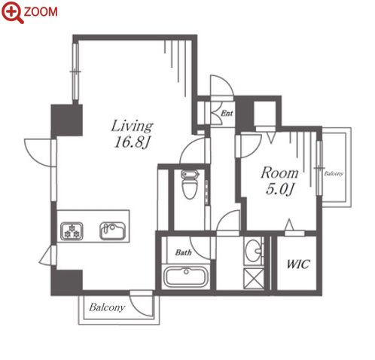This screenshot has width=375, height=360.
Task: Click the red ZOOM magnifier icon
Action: [13, 12]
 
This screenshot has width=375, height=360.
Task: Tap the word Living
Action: [132, 127]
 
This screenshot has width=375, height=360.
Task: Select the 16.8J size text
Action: [132, 142]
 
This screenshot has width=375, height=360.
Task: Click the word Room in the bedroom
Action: [279, 173]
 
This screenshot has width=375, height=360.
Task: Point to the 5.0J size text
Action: [279, 189]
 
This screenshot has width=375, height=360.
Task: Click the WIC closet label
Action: [298, 264]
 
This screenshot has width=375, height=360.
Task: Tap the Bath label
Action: [184, 252]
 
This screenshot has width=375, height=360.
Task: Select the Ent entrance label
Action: [227, 114]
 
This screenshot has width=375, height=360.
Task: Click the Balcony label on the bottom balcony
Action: [107, 307]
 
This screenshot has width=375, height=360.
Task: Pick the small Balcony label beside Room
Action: [334, 174]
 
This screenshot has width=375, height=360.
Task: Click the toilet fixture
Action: [190, 185]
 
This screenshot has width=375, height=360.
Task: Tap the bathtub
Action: [186, 277]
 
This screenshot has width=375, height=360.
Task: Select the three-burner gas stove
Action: [72, 231]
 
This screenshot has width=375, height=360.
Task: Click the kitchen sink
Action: [112, 231]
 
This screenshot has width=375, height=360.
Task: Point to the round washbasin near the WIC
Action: [253, 251]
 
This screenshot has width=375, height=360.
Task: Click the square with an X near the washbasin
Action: [254, 278]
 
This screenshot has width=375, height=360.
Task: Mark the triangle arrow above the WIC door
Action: [289, 224]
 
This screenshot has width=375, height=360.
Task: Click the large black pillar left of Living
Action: [67, 121]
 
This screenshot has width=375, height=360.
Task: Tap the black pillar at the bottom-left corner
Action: [67, 282]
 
